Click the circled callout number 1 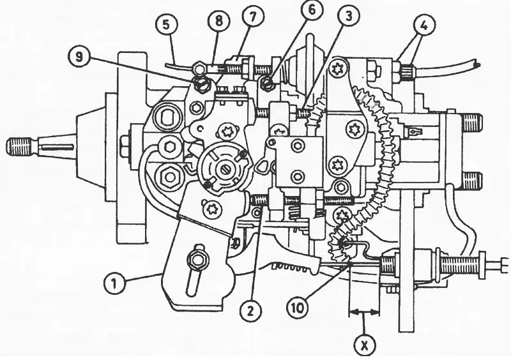[114, 284]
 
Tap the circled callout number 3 [348, 16]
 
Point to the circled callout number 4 [424, 26]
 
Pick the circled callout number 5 [167, 25]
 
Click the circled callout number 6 [312, 10]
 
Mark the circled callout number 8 [218, 21]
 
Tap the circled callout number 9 [79, 57]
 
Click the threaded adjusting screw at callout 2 [259, 199]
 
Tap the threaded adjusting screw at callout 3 [305, 113]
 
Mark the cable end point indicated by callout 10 [349, 262]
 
